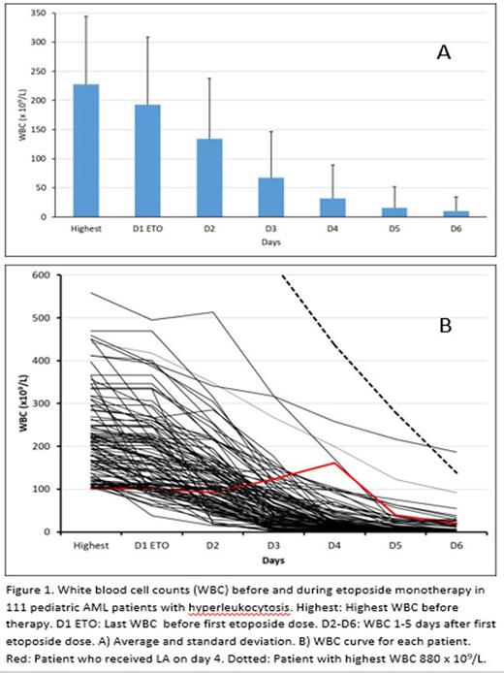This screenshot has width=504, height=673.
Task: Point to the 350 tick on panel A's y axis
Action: (x=41, y=14)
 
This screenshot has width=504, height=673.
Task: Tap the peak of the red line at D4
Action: (x=334, y=463)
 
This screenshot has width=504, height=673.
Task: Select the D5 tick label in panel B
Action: (x=395, y=547)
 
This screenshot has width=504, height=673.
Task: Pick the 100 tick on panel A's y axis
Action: (x=41, y=158)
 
